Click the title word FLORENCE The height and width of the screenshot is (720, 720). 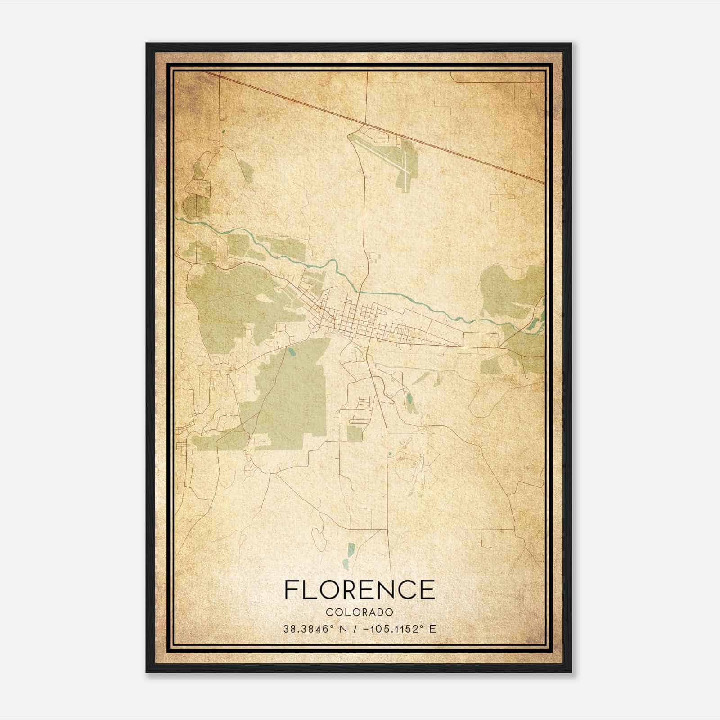360,589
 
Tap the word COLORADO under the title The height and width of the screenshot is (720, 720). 360,612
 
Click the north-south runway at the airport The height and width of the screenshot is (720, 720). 405,166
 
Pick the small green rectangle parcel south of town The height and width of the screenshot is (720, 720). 355,433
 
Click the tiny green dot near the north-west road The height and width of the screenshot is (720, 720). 223,132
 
